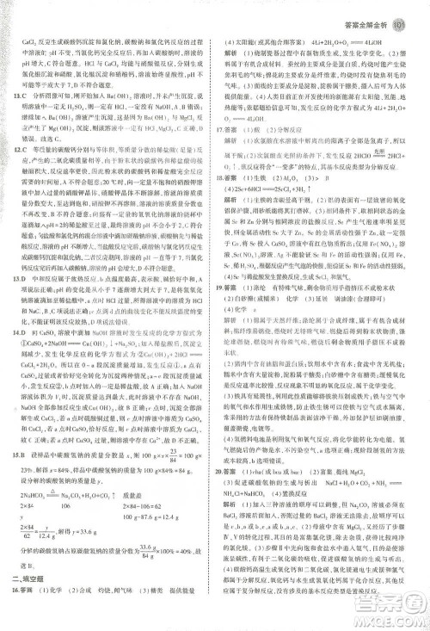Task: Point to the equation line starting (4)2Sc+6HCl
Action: [272, 186]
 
